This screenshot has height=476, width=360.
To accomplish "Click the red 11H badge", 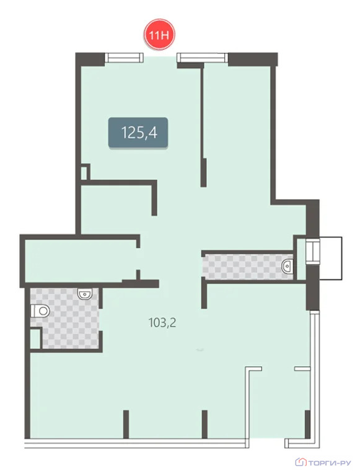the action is pos(159,35).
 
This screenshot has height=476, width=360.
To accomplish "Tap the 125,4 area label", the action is pos(138,133).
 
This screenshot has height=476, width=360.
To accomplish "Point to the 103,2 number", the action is pos(162,322).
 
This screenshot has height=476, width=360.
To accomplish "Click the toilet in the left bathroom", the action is pos(40,311).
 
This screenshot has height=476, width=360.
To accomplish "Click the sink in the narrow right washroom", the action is pos(287,267).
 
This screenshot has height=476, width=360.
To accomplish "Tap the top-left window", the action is pos(124,58).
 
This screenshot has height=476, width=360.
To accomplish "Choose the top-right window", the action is pos(203,58).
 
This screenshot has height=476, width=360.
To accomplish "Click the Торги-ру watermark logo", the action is pos(323,462).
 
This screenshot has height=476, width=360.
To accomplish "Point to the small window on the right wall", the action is pos(313,252).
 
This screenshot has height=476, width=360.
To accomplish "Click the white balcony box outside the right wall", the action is pos(330,258).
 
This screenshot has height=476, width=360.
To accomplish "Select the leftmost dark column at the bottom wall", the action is pos(126,424).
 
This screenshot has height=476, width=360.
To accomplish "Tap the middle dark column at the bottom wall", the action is pos(204,424).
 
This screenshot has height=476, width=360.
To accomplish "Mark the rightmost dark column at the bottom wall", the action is pos(307,424).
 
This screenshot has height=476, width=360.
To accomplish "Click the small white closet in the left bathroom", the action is pos(35,338).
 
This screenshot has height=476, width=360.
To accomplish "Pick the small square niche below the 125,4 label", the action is pos(84,172).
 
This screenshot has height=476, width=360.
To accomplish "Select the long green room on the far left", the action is pos(81,261).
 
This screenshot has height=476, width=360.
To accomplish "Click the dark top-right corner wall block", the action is pos(253,59).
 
